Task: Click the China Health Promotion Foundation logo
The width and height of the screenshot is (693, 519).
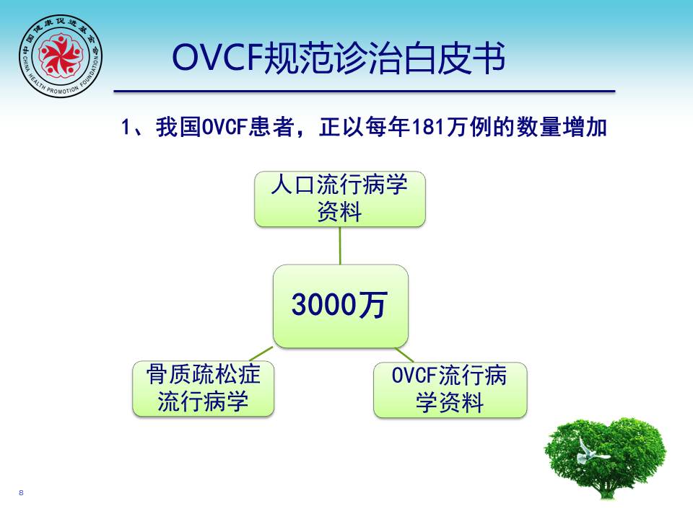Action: click(x=61, y=56)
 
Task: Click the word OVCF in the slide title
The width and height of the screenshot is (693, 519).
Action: click(x=217, y=58)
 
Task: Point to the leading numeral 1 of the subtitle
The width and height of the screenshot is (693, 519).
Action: click(x=126, y=127)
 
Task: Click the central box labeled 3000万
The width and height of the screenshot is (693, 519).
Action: click(x=340, y=306)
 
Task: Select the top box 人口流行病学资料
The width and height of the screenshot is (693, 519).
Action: click(x=340, y=199)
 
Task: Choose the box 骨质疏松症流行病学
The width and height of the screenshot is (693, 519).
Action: click(x=204, y=389)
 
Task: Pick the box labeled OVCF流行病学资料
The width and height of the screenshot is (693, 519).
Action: click(x=450, y=390)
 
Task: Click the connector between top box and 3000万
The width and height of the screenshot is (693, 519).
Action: click(x=340, y=246)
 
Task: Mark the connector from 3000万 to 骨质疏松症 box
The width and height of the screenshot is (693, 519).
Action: click(x=261, y=354)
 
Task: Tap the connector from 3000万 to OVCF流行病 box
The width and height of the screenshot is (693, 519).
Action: click(x=404, y=355)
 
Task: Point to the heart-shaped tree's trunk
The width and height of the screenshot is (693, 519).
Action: click(x=606, y=488)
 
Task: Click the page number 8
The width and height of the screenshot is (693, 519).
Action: click(x=21, y=492)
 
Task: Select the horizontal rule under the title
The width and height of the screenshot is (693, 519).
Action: click(x=364, y=92)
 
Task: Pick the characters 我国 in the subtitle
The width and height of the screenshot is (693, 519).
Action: click(x=178, y=127)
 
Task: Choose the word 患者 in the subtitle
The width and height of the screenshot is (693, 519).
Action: click(x=272, y=127)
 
